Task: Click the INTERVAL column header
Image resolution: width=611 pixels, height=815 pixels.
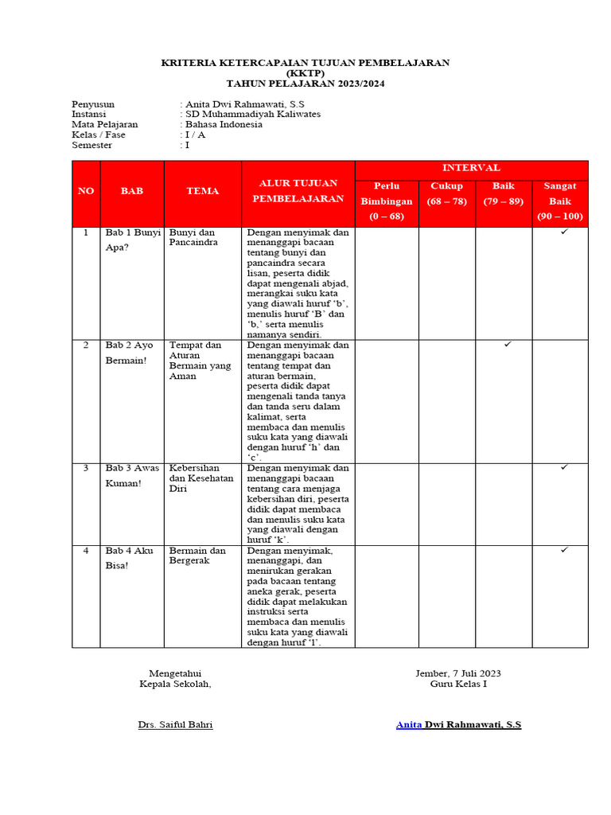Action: coord(471,168)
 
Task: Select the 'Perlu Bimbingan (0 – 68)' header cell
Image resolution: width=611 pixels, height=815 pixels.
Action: coord(386,201)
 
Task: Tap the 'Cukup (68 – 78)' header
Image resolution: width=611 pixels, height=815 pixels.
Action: coord(446,193)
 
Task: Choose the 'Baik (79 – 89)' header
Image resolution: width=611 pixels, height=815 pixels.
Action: coord(504,193)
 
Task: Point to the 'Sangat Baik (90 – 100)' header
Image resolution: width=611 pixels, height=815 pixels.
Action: coord(560,201)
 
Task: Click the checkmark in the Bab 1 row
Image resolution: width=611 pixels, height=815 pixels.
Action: coord(563,232)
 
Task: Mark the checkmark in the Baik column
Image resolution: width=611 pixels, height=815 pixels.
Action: coord(507,344)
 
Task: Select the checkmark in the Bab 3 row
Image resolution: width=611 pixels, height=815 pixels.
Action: coord(563,467)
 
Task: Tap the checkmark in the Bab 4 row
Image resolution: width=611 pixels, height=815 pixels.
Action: coord(563,549)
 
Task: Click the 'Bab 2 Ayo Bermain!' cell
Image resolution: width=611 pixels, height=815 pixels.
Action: coord(130,353)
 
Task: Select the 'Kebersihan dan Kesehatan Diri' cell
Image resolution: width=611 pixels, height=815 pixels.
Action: coord(201,478)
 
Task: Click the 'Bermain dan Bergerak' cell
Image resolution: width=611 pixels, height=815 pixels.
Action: coord(197,556)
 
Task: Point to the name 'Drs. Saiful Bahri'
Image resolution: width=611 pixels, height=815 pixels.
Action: coord(176,724)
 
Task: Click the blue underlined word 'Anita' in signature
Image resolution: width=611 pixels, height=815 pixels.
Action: coord(409,724)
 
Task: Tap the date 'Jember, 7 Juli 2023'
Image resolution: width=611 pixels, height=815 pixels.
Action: coord(458,673)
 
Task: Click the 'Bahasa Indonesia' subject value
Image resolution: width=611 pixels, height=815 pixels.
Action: coord(224,124)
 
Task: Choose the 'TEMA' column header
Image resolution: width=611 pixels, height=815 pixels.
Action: coord(202,191)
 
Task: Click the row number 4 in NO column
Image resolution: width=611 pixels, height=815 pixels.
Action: coord(85,550)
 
